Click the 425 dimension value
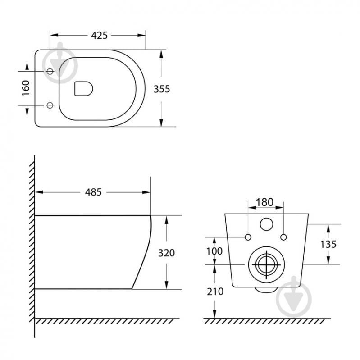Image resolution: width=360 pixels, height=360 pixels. point(99,35)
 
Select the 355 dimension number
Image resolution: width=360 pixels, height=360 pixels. point(162,89)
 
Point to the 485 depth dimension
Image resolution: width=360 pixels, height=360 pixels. point(94,192)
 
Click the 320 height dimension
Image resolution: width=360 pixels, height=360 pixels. point(166,253)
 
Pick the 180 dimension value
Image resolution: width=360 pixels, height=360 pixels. point(265,202)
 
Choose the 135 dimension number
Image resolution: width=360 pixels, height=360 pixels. point(328,244)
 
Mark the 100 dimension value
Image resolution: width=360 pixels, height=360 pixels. point(214,251)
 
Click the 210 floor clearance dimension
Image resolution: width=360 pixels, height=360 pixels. point(215,292)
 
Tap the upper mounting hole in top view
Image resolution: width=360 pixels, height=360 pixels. point(50,72)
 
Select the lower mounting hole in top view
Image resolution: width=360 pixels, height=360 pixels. point(50,105)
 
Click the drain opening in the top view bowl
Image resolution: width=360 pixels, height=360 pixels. point(83,89)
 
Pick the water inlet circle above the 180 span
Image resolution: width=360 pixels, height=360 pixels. point(266,224)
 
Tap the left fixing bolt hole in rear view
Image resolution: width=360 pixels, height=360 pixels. point(248,237)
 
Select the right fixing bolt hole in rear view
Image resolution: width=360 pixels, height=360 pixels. point(283,237)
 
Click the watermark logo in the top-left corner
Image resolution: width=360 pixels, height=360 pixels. point(61,64)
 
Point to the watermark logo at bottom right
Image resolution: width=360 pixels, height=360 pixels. point(294,298)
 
